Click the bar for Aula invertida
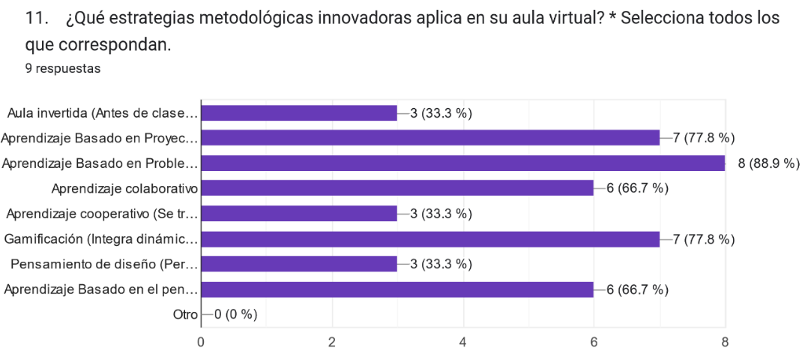(x=299, y=113)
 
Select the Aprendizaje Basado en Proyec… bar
(x=430, y=138)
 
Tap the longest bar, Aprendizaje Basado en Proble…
(x=462, y=163)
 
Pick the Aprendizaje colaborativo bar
(x=397, y=188)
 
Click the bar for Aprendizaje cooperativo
(x=299, y=214)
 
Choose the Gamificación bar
(x=430, y=239)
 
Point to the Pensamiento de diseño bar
(x=299, y=264)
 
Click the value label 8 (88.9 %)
(x=769, y=163)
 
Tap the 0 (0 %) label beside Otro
(x=235, y=314)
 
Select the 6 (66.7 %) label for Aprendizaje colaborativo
(x=637, y=188)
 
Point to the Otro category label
(x=184, y=314)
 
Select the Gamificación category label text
(x=100, y=239)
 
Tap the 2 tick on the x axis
(x=331, y=342)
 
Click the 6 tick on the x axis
(x=594, y=342)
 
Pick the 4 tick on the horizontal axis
(x=462, y=342)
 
